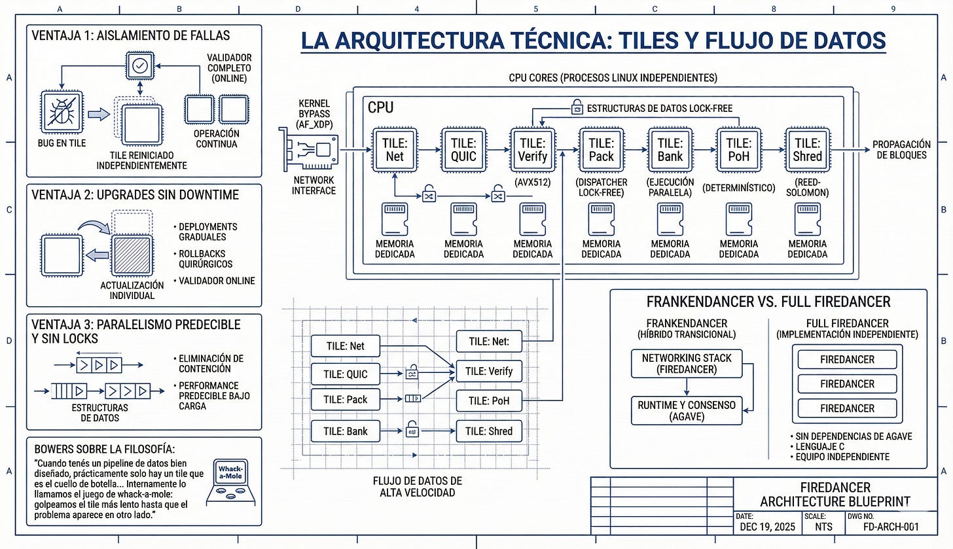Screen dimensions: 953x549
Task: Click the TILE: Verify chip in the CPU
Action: (x=533, y=150)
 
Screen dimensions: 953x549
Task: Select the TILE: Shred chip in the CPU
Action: (x=808, y=150)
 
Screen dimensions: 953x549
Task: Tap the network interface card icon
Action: (x=308, y=149)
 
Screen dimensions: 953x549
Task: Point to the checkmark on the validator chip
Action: (x=140, y=65)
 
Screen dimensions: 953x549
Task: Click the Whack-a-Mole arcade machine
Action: (x=230, y=482)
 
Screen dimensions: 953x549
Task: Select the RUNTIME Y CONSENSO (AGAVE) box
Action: (x=687, y=411)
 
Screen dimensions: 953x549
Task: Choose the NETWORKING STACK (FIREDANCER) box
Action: (x=687, y=364)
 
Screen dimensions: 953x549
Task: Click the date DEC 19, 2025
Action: (x=768, y=527)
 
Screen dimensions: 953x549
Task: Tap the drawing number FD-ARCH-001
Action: (x=891, y=527)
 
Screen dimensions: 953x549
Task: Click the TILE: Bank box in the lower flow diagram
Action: (x=346, y=431)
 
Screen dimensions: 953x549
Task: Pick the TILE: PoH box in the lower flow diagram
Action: (x=489, y=400)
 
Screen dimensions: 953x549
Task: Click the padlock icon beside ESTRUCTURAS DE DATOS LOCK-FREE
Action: (x=577, y=107)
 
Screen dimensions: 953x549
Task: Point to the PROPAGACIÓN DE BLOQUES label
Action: (x=901, y=150)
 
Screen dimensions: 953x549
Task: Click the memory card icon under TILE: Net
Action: (x=395, y=219)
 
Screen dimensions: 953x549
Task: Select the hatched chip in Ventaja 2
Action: (x=132, y=255)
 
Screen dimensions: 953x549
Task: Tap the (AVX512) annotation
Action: (x=533, y=183)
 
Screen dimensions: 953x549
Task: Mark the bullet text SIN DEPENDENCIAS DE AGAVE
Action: (x=852, y=436)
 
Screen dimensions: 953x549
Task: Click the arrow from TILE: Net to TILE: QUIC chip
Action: (x=429, y=150)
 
